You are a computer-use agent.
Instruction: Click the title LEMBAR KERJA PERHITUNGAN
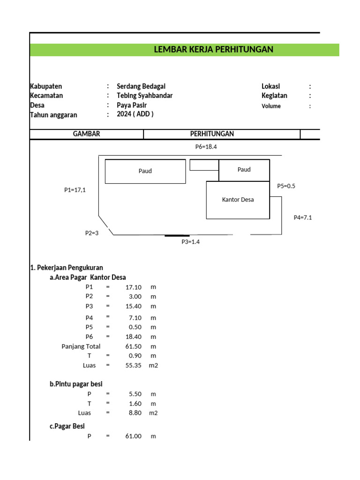coord(213,50)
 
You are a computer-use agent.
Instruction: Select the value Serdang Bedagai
coord(141,86)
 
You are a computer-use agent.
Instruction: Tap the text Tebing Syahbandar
coord(144,96)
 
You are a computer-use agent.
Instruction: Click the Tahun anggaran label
coord(53,115)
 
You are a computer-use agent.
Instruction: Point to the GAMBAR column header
coord(86,134)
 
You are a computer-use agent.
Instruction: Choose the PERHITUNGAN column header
coord(212,134)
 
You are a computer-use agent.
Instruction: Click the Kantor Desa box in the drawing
coord(238,200)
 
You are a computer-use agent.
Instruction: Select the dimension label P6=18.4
coord(206,147)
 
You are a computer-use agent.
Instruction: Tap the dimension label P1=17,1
coord(75,190)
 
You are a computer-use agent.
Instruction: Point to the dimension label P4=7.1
coord(303,217)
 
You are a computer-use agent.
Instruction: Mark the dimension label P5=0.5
coord(286,186)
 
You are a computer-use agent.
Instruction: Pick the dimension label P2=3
coord(92,233)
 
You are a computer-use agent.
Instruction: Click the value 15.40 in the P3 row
coord(134,306)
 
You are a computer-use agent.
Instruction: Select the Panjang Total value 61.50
coord(134,346)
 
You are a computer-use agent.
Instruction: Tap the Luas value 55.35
coord(134,365)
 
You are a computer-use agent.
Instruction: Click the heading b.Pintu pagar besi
coord(76,384)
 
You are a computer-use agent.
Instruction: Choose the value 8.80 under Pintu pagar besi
coord(135,413)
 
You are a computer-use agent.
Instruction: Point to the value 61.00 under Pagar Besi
coord(134,436)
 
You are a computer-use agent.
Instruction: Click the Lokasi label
coord(270,86)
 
